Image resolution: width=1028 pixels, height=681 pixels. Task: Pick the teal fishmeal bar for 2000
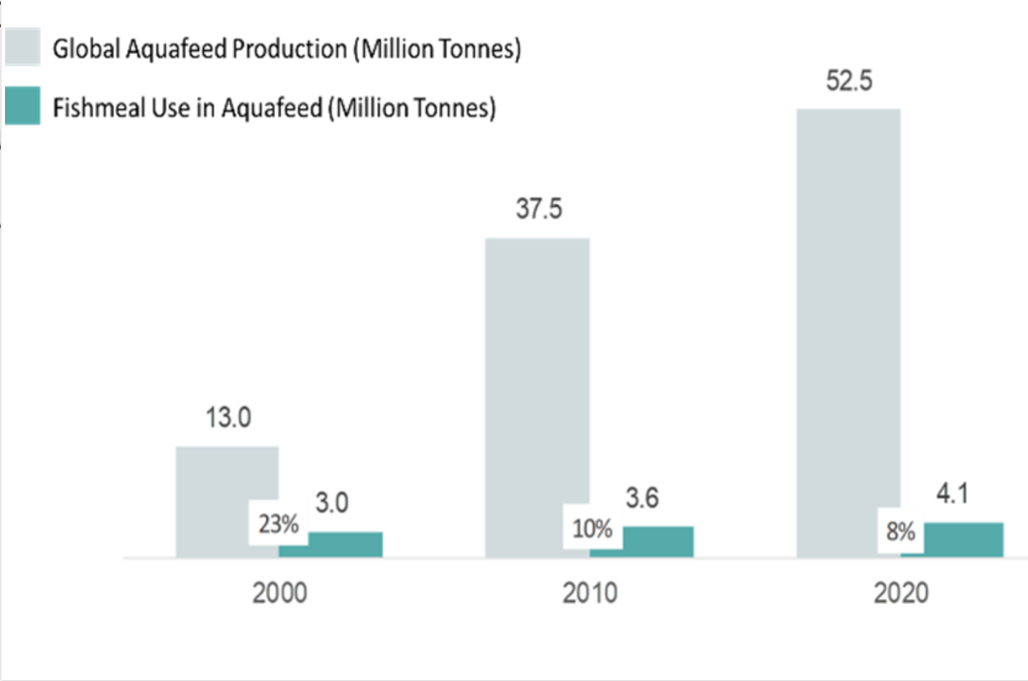point(345,545)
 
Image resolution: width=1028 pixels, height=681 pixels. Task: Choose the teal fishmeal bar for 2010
point(657,542)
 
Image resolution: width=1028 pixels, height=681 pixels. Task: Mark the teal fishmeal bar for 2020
point(963,540)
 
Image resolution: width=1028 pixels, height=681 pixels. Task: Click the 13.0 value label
point(228,417)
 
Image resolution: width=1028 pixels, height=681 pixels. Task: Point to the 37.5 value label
point(539,209)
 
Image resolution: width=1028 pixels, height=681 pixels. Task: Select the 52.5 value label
point(849,80)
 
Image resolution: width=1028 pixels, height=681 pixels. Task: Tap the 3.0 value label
point(332,503)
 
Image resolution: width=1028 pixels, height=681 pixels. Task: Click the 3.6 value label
point(642,498)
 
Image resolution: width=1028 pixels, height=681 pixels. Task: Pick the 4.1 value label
point(953,494)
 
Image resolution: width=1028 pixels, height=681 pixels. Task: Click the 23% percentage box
point(279,524)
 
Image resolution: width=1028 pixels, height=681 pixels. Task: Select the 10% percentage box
point(592,529)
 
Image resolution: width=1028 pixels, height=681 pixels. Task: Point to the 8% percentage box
point(900,532)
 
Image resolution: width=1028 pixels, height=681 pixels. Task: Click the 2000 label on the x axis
point(279,593)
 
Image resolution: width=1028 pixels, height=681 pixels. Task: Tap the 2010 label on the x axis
point(590,593)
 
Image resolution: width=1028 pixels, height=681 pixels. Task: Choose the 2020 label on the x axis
point(901,593)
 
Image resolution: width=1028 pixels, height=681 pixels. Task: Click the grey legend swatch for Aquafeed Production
point(22,47)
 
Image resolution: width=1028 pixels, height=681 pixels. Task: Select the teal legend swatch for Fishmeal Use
point(22,106)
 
